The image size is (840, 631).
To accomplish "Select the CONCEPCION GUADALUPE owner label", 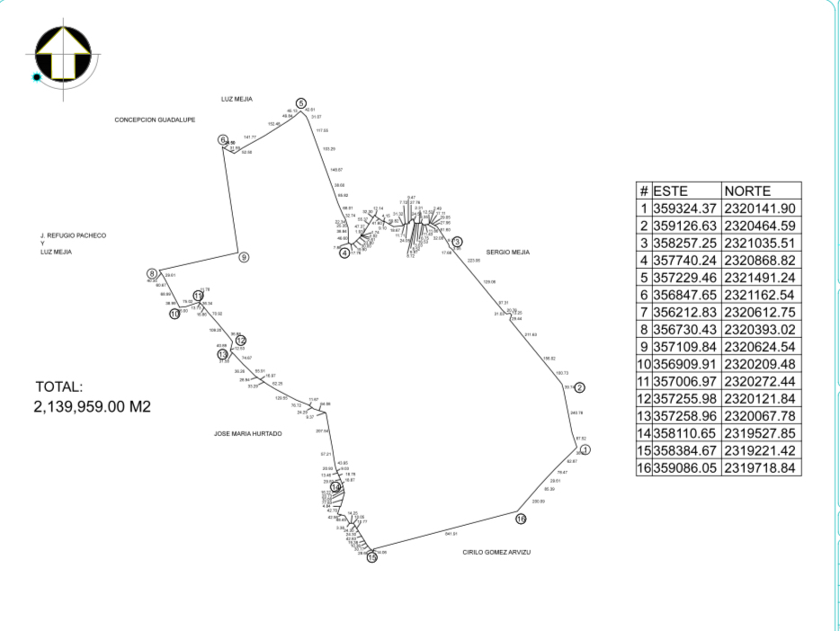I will coord(155,120).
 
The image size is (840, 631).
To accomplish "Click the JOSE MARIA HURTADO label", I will coord(247,433).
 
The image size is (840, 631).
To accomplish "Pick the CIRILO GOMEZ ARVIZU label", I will coord(496,552).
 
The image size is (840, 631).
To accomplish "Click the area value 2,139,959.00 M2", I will coord(92,407).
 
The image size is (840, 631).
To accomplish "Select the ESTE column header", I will coord(670,191).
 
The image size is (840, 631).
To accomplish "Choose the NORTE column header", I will coord(746,191).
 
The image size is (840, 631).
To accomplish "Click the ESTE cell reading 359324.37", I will coord(685,208).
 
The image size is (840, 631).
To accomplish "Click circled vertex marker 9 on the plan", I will coord(244,257).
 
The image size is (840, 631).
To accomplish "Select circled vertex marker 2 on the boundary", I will coord(580,387).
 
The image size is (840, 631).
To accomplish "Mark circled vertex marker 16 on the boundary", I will coord(521,520).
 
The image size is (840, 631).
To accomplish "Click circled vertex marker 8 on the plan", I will coord(152,273).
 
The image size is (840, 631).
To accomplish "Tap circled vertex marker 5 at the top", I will coord(301,103).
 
